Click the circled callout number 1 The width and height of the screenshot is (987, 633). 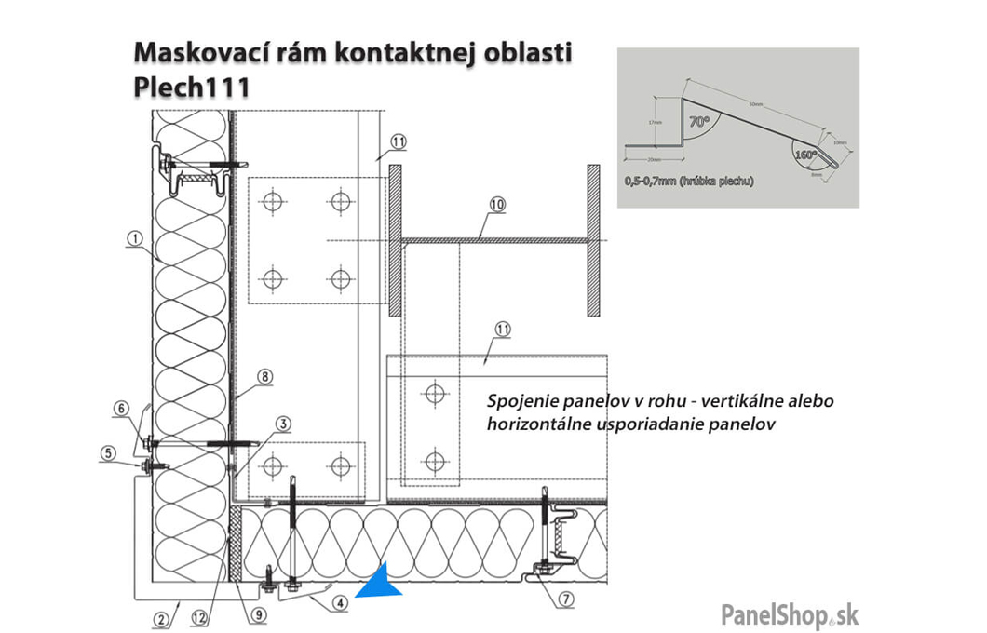(x=135, y=237)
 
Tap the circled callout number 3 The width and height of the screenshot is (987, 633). (x=283, y=424)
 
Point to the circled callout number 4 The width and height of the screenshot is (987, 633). (x=341, y=601)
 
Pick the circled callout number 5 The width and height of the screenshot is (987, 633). (x=109, y=453)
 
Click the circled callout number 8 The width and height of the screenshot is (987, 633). (x=264, y=377)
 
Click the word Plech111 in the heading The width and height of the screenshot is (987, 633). (x=192, y=88)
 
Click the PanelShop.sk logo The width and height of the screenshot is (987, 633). (x=790, y=613)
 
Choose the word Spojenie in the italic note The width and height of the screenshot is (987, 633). (x=520, y=402)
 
